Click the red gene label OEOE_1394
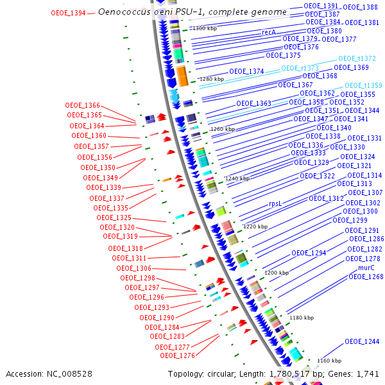[67, 13]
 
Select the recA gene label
[269, 32]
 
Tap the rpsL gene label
[276, 203]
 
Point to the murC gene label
[366, 268]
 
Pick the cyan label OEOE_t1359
[363, 85]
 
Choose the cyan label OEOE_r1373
[300, 68]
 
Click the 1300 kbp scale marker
[206, 29]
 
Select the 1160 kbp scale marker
[329, 361]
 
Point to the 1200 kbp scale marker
[277, 273]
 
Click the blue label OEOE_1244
[362, 341]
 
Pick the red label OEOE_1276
[177, 355]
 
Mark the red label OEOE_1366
[83, 105]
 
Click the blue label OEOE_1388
[360, 7]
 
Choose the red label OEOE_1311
[129, 258]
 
